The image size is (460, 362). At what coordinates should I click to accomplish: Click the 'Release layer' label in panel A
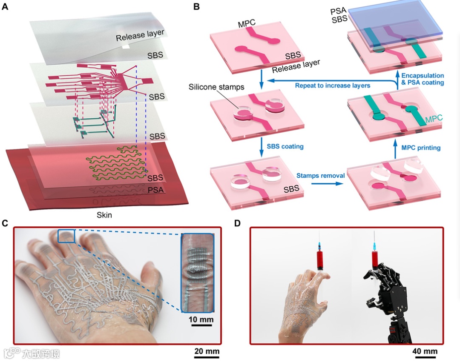140,35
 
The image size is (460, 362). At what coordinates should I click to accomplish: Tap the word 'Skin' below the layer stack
103,215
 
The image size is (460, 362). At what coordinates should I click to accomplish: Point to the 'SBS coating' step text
285,146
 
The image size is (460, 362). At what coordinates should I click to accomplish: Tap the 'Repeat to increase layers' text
332,86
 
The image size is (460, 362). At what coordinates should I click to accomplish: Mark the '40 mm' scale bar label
425,351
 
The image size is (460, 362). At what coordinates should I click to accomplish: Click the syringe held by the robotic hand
375,255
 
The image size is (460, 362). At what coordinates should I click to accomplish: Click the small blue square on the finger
66,236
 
